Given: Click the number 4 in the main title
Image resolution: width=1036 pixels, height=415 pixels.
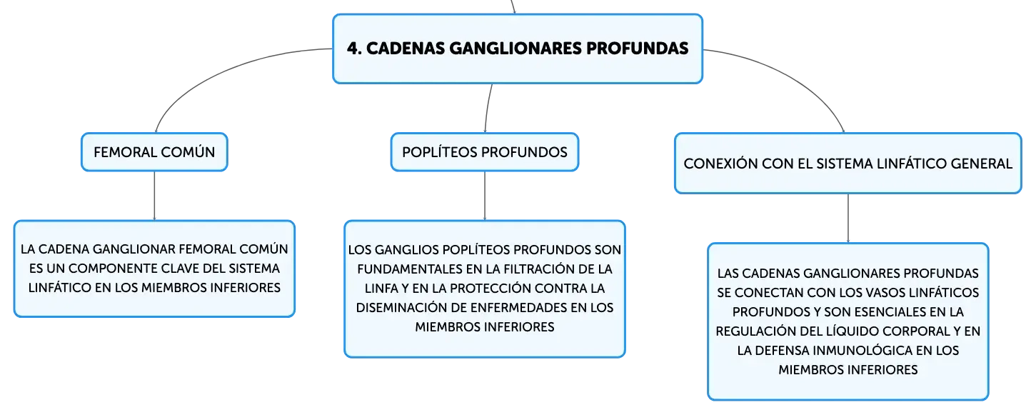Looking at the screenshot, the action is click(x=353, y=49).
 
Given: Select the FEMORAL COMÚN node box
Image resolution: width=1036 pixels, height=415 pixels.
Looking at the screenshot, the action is click(x=154, y=152).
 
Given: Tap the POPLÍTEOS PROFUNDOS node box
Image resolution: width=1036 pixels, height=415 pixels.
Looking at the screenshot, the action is click(x=485, y=152).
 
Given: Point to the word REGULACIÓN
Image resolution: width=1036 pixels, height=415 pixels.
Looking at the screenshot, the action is click(x=754, y=331).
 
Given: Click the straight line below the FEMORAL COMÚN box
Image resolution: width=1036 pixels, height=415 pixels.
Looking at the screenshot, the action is click(x=154, y=196).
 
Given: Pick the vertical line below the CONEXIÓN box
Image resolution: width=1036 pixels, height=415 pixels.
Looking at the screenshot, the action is click(x=848, y=218).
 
